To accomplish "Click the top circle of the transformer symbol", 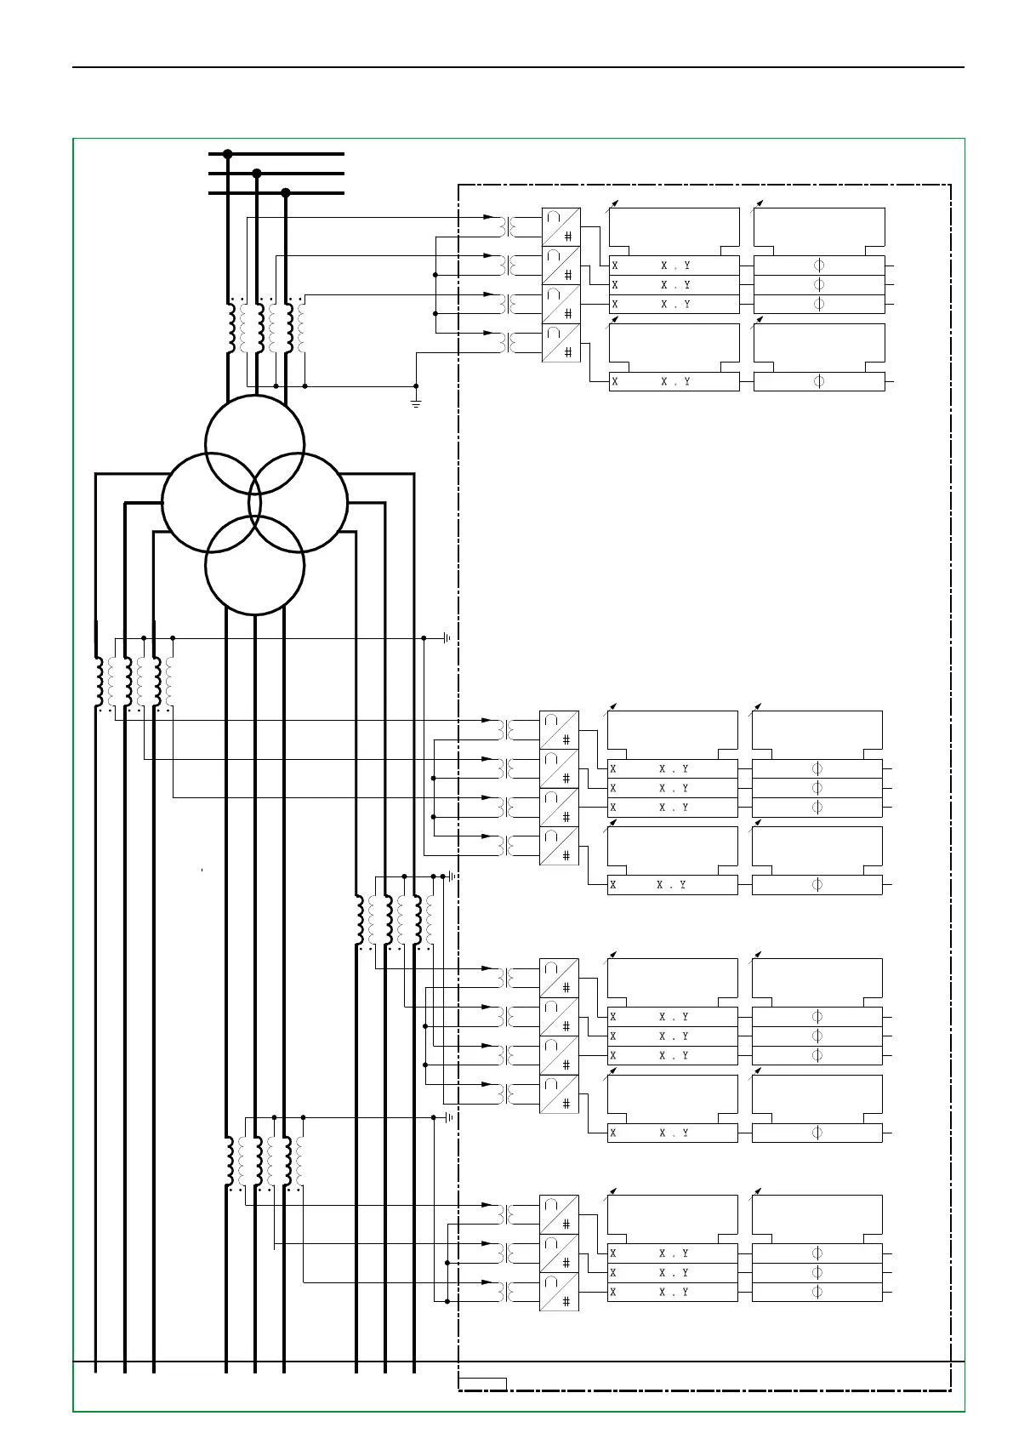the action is point(255,444).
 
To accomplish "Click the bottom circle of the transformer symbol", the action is point(255,565).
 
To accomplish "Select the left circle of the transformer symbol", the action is point(211,504).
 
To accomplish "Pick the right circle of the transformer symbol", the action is point(299,503).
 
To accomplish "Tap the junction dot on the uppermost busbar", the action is point(228,154).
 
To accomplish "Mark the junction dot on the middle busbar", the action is point(257,174).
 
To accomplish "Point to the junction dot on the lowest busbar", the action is point(286,193).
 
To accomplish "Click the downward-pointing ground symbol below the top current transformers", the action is point(416,399).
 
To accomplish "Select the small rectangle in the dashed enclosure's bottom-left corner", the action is point(483,1384).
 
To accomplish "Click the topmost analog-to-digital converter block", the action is point(561,226).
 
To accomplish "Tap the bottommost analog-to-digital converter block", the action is point(560,1292).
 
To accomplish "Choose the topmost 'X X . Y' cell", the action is point(674,265).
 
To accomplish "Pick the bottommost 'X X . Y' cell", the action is point(673,1292).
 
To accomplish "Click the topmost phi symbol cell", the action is point(819,265).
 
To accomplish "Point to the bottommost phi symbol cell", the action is point(817,1292).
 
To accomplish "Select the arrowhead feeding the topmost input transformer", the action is point(488,217).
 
